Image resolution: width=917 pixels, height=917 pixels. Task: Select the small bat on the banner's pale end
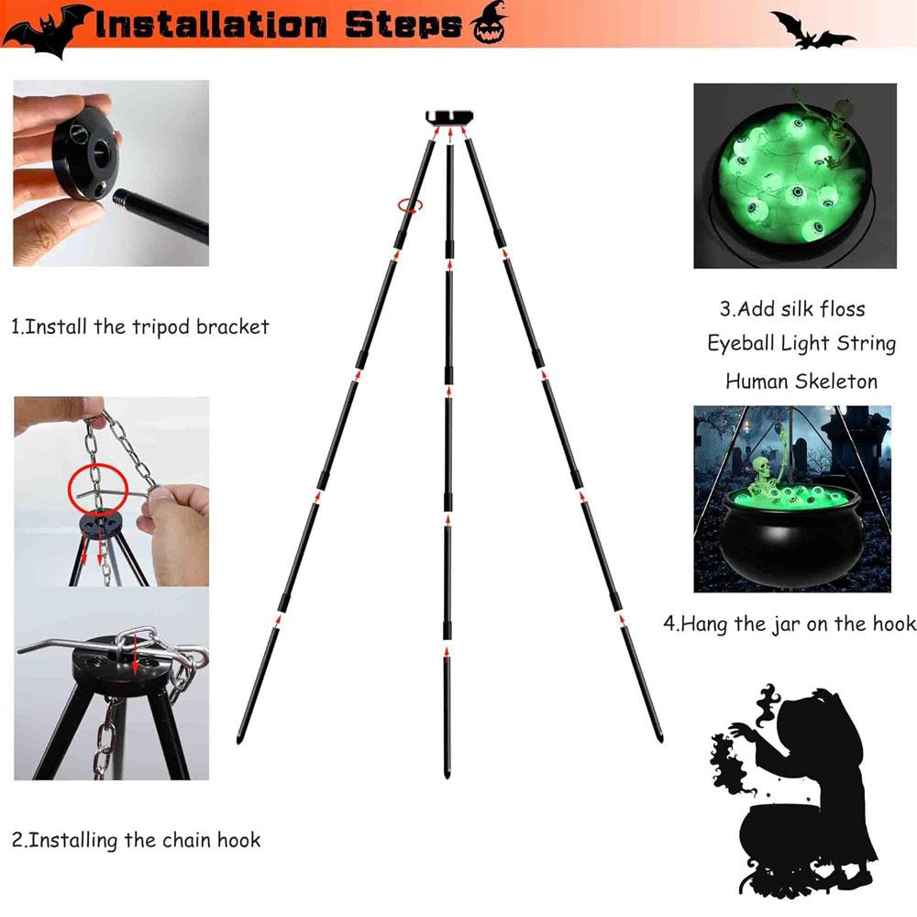click(812, 28)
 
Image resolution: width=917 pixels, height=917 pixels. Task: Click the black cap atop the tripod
click(449, 116)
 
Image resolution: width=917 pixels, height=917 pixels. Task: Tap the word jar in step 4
click(784, 624)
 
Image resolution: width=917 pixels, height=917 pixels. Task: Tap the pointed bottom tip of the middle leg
click(447, 775)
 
